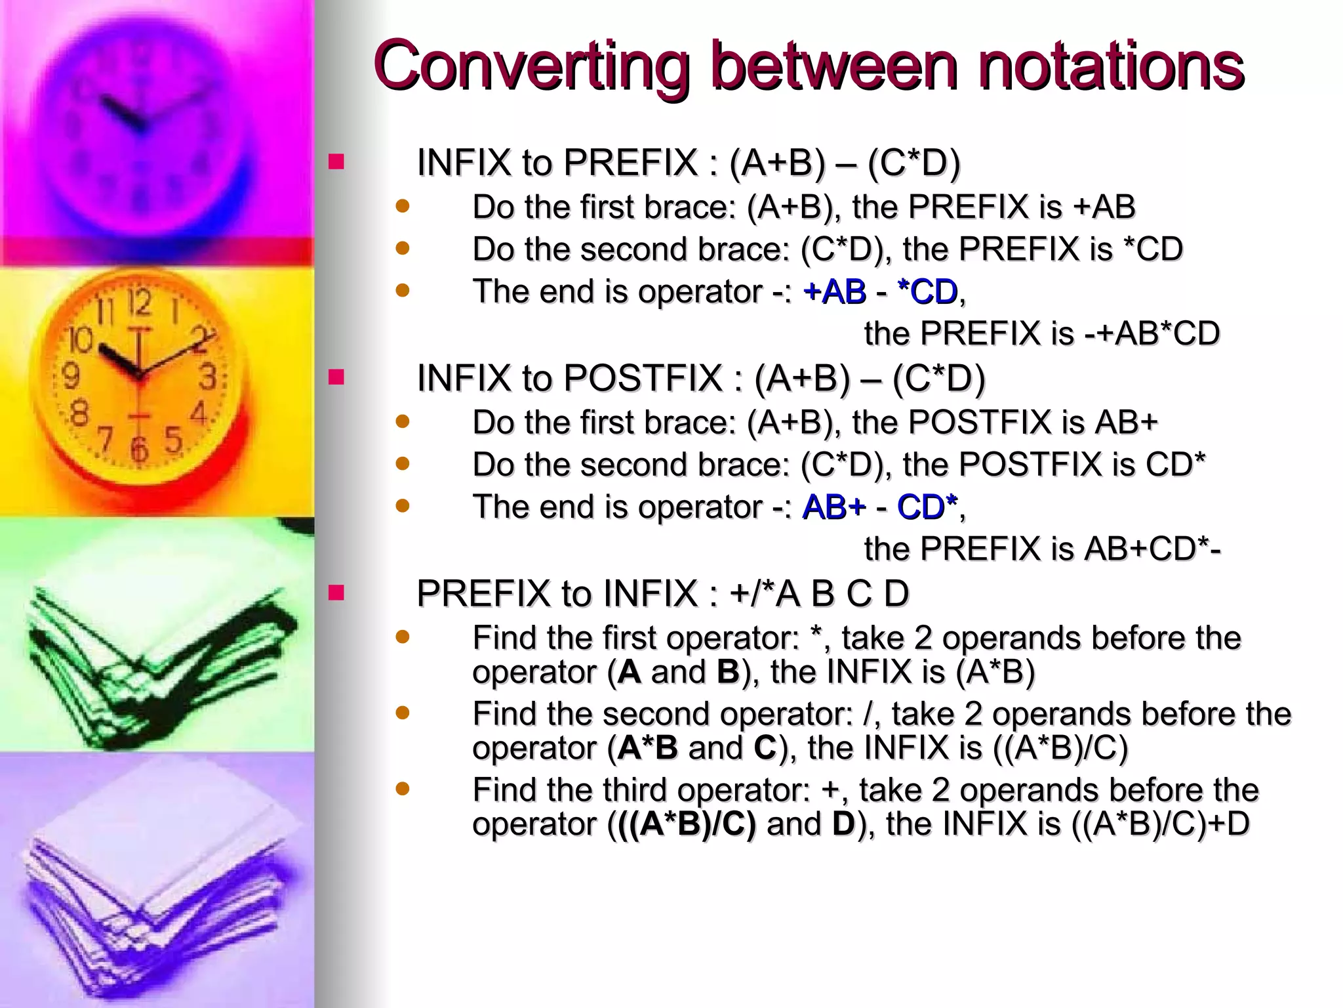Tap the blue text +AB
[835, 291]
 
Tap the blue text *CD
[927, 291]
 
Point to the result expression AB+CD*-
[1152, 549]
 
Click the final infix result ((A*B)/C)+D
[1161, 824]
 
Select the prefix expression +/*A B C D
[819, 594]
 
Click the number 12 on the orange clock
[140, 303]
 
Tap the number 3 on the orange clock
[208, 377]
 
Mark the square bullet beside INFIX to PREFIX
[336, 162]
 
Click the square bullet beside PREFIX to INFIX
[336, 593]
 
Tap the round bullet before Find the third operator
[403, 787]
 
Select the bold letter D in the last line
[843, 824]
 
